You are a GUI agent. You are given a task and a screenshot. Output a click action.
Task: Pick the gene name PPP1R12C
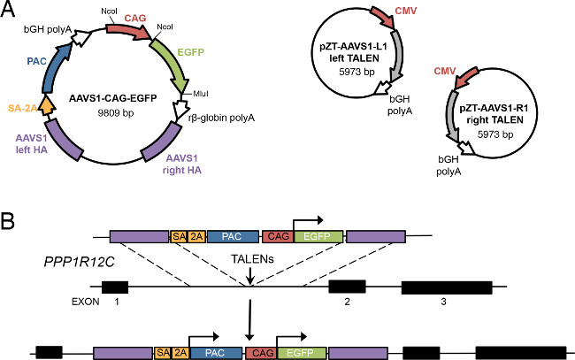click(64, 263)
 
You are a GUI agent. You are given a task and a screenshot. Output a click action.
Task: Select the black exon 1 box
click(115, 287)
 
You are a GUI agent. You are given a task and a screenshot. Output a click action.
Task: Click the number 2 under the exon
click(348, 303)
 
